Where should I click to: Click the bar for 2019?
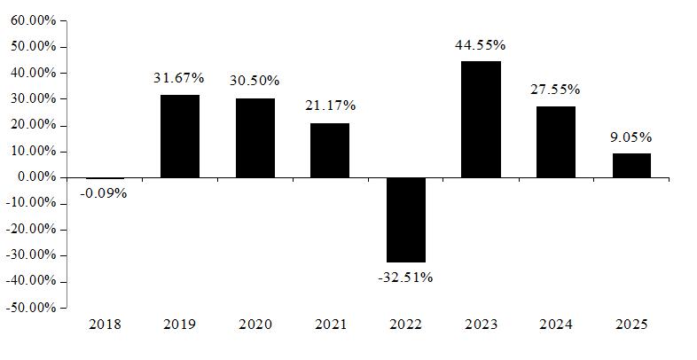[180, 136]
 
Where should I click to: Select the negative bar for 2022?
[406, 220]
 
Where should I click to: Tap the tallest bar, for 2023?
[481, 120]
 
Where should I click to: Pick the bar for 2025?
[631, 165]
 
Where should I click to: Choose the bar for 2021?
[330, 150]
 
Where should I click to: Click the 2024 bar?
[556, 142]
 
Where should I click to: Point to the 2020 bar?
[255, 137]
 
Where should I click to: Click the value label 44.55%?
[480, 45]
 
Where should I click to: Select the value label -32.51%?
[405, 278]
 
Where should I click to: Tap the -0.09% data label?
[104, 194]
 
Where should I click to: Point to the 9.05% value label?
[630, 137]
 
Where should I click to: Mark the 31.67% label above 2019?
[179, 78]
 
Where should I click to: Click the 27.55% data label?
[555, 90]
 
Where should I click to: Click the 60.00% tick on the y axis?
[34, 20]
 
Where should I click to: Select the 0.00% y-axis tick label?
[36, 177]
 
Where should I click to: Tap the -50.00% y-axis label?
[32, 308]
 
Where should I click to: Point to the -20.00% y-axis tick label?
[32, 230]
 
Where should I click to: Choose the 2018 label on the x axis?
[105, 325]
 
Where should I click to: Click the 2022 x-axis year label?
[405, 325]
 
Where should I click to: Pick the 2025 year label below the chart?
[631, 325]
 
